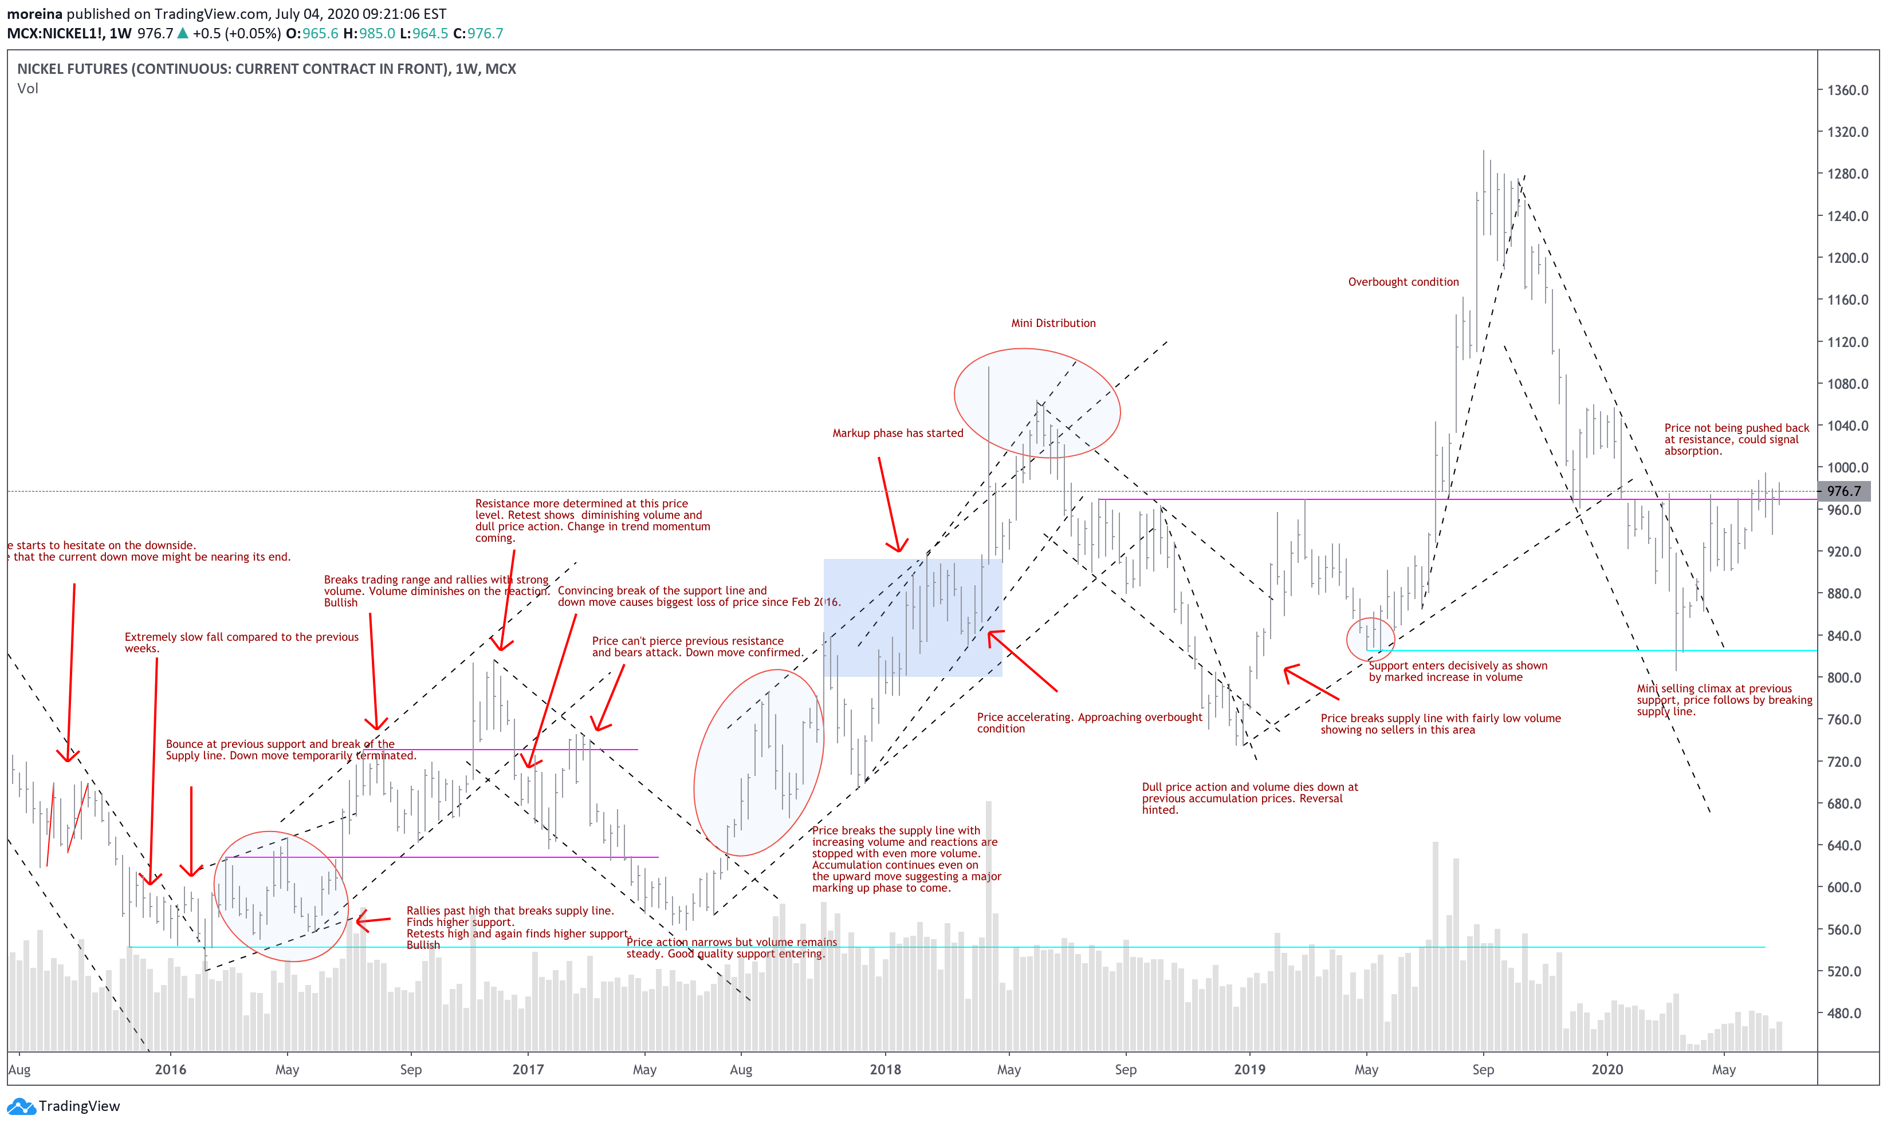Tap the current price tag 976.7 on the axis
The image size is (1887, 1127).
pos(1843,491)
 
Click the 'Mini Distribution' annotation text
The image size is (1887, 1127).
pos(1053,324)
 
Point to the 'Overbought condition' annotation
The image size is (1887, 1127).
pos(1403,282)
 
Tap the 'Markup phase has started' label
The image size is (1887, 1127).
pos(897,434)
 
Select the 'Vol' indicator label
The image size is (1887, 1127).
pos(27,89)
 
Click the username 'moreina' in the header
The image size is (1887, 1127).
pos(34,14)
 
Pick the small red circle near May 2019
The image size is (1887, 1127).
pos(1370,639)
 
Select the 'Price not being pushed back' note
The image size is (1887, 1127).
pos(1736,440)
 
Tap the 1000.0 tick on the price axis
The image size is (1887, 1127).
pos(1847,468)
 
